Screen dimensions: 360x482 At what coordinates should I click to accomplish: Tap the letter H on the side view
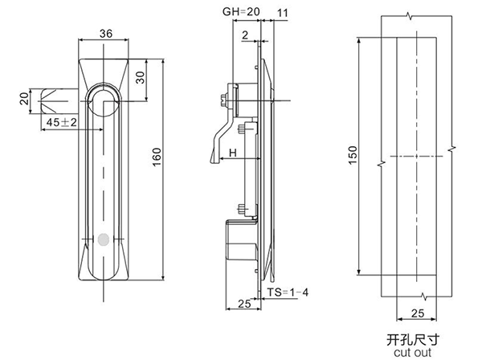click(231, 152)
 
